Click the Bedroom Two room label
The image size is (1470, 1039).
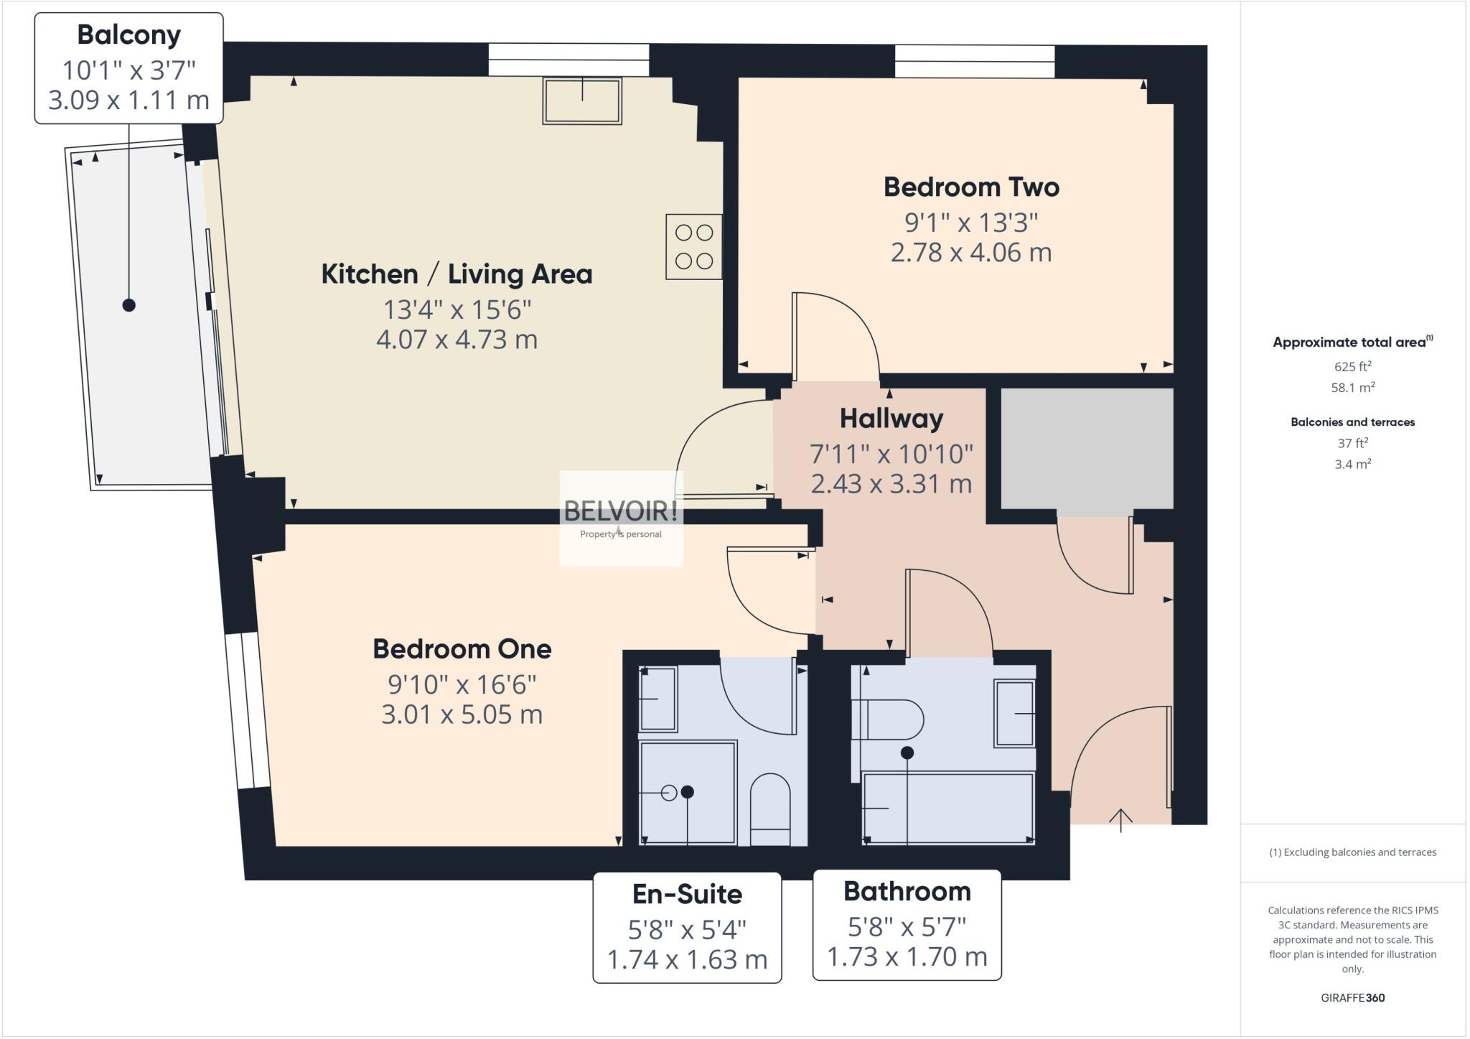pyautogui.click(x=971, y=187)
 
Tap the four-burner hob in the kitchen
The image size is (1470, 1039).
pyautogui.click(x=693, y=247)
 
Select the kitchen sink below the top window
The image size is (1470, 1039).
pyautogui.click(x=582, y=101)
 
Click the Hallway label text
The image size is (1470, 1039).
pyautogui.click(x=891, y=419)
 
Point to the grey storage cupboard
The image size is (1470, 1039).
pyautogui.click(x=1087, y=449)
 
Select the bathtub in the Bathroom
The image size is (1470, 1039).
pyautogui.click(x=948, y=808)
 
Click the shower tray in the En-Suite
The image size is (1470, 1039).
pyautogui.click(x=688, y=793)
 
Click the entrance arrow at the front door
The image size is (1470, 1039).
pyautogui.click(x=1120, y=819)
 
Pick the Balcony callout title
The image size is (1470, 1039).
pyautogui.click(x=129, y=34)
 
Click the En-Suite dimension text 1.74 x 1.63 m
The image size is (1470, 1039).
pyautogui.click(x=687, y=960)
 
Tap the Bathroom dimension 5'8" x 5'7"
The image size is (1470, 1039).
pyautogui.click(x=907, y=928)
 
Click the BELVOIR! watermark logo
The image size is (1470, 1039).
pyautogui.click(x=621, y=512)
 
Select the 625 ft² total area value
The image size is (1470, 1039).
pyautogui.click(x=1352, y=367)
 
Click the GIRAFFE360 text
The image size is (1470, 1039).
pyautogui.click(x=1352, y=998)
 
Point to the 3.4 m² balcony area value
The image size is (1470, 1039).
pyautogui.click(x=1352, y=465)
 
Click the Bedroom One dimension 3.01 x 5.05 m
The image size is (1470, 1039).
pyautogui.click(x=462, y=715)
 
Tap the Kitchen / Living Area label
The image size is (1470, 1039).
pyautogui.click(x=457, y=274)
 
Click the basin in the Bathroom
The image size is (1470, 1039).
pyautogui.click(x=1014, y=714)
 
